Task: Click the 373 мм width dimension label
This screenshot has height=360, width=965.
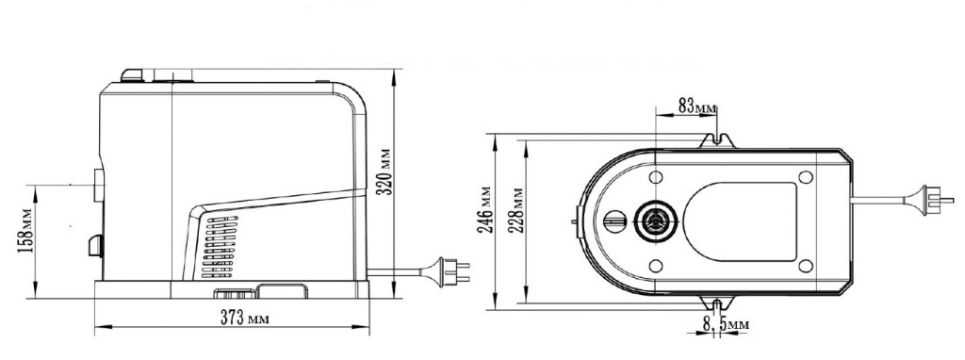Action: [x=245, y=319]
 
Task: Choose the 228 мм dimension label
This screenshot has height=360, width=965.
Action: [x=517, y=210]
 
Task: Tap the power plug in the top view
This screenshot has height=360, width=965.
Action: [x=929, y=199]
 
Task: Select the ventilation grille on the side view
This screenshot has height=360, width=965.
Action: [x=219, y=247]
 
